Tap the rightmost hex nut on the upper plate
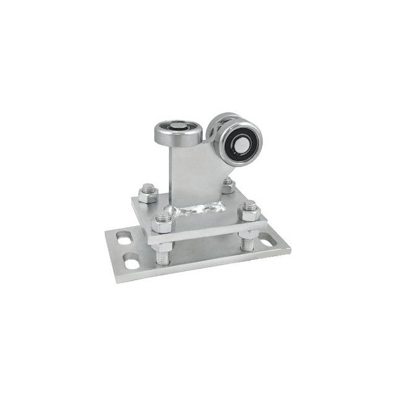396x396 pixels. (249, 210)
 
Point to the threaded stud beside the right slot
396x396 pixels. (249, 241)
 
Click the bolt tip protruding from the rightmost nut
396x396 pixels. (250, 204)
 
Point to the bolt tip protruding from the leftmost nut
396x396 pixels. (148, 185)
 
